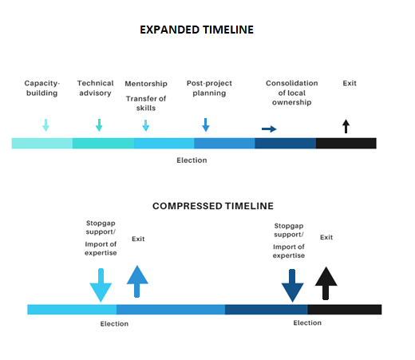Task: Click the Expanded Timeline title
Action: coord(196,30)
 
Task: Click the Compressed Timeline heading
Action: coord(213,206)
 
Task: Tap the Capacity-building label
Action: coord(41,88)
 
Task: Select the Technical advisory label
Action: coord(95,88)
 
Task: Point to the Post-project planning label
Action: coord(209,88)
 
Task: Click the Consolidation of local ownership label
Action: coord(292,93)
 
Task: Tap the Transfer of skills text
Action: coord(146,103)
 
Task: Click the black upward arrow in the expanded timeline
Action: coord(346,126)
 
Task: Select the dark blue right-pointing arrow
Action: coord(269,129)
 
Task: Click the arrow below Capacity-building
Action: coord(45,125)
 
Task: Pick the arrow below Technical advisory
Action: coord(99,125)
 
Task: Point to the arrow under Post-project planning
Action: coord(206,125)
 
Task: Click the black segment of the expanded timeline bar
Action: coord(346,143)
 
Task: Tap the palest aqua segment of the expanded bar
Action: coord(42,143)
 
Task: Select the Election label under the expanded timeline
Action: coord(192,160)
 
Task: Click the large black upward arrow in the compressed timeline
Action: coord(326,283)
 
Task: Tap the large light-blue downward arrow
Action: coord(101,285)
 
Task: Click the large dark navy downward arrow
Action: coord(292,286)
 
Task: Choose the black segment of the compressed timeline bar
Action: coord(345,310)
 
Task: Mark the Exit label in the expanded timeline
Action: coord(350,83)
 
